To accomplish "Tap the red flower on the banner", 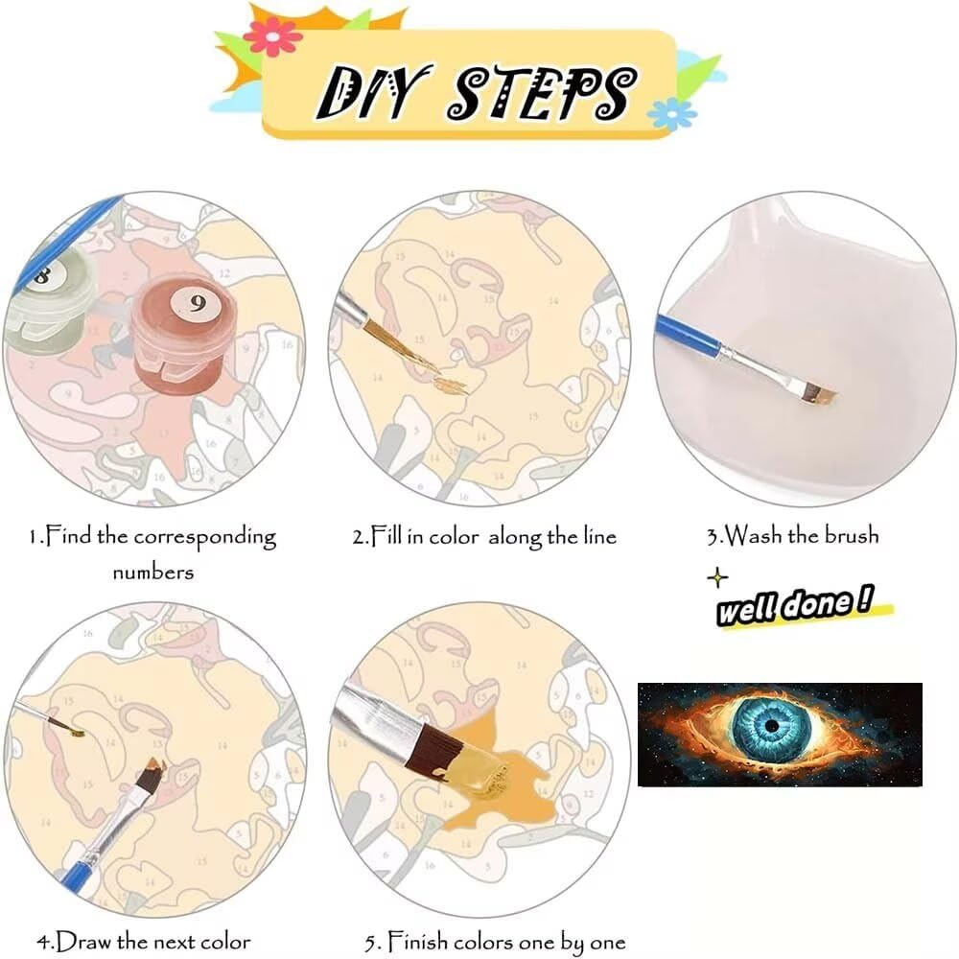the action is [272, 36].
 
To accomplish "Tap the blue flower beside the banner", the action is [671, 114].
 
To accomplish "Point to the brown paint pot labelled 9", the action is [183, 334].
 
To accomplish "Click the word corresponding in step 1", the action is [205, 538].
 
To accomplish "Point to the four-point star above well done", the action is [717, 577].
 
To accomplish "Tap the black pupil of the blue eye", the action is [772, 726].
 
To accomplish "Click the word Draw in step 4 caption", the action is [83, 942].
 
